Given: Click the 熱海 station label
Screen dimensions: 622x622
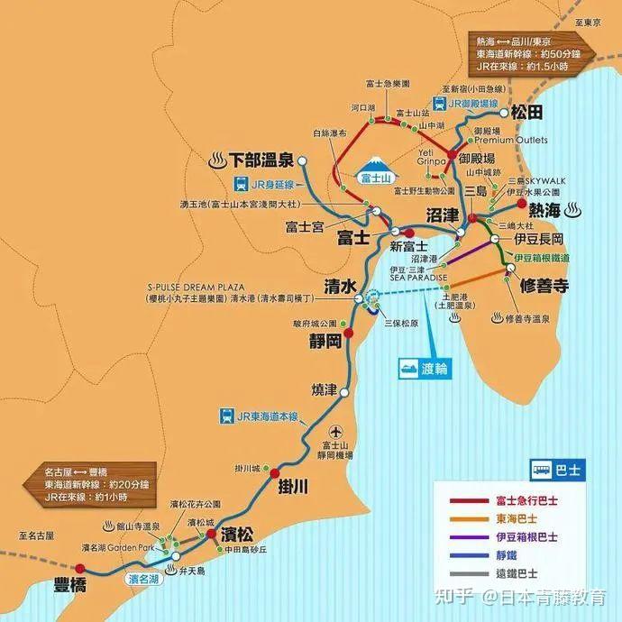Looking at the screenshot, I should pyautogui.click(x=546, y=210).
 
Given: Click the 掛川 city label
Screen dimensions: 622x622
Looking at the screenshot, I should pyautogui.click(x=294, y=487).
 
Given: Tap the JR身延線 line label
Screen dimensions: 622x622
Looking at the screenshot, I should pyautogui.click(x=261, y=186).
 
